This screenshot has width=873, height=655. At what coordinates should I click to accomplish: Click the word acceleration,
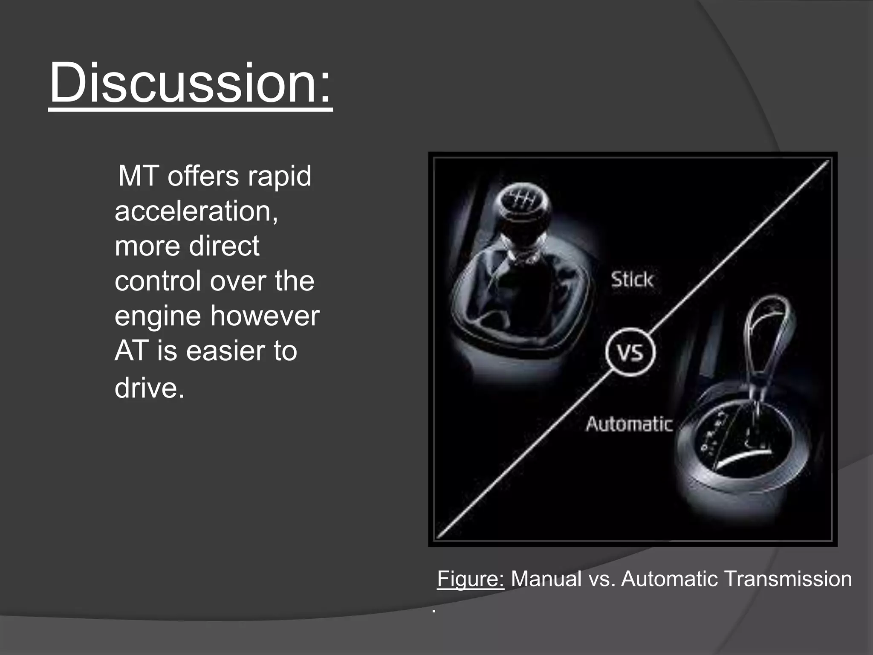tap(196, 211)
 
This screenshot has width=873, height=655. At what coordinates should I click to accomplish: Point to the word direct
tap(224, 246)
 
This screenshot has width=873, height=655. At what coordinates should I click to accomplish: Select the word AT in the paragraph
tap(131, 351)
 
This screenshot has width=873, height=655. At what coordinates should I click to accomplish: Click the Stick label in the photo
tap(632, 280)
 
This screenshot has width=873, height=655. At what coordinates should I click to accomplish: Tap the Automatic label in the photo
tap(629, 424)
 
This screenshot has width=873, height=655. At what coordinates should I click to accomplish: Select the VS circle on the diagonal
tap(630, 352)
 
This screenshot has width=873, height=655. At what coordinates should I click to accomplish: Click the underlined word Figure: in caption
tap(470, 579)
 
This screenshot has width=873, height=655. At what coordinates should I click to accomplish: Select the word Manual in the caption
tap(546, 579)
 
